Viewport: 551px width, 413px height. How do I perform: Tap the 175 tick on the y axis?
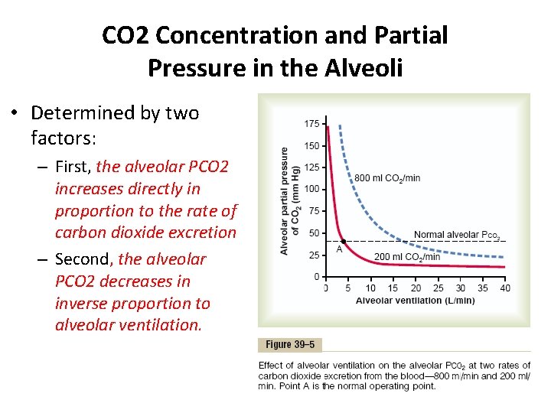pos(312,124)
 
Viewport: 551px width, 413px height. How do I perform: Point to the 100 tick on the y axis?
pos(312,189)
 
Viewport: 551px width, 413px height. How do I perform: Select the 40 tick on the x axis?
pos(504,288)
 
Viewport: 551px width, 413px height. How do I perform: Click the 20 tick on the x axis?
pos(416,288)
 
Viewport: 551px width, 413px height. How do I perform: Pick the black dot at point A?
pos(343,241)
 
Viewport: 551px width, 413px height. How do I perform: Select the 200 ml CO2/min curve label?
pos(407,257)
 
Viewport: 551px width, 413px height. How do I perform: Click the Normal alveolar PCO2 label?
pos(457,235)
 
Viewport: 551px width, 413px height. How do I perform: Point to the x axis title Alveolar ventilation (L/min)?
pos(415,301)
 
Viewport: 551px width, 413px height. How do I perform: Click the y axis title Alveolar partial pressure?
pos(285,200)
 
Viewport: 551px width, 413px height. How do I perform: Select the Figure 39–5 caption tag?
pos(290,345)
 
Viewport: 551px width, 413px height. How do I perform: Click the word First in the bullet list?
pos(73,167)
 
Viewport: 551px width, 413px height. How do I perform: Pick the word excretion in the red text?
pos(204,232)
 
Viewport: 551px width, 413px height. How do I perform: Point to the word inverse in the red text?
pos(83,303)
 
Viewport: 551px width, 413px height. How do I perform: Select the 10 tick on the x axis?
pos(370,288)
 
